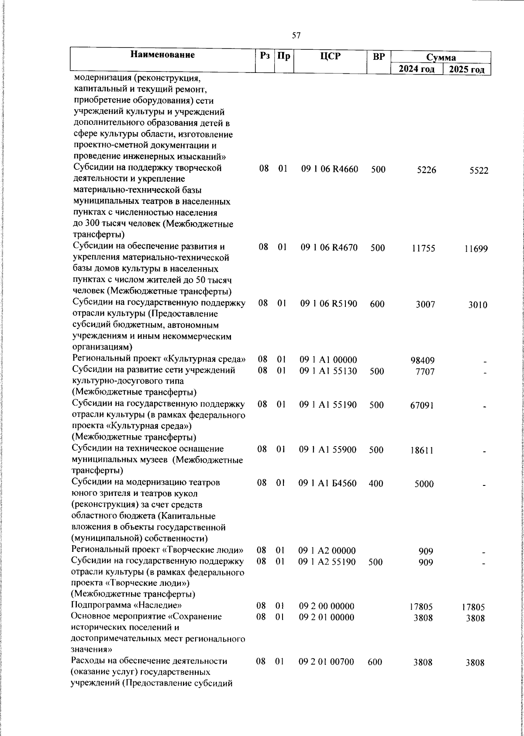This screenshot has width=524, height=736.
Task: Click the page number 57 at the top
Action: tap(296, 36)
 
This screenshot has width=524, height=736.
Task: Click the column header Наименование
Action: tap(162, 55)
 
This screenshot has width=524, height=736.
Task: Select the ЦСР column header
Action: tap(330, 56)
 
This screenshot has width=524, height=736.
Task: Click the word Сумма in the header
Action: tap(441, 58)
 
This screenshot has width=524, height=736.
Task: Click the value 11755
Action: tap(423, 248)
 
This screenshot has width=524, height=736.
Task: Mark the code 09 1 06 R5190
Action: tap(329, 304)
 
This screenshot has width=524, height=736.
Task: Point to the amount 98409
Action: tap(422, 361)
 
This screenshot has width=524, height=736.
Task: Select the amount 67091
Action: tap(422, 406)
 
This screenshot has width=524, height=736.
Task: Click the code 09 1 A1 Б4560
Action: tap(327, 484)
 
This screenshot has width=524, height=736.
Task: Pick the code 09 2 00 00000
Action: tap(326, 606)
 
